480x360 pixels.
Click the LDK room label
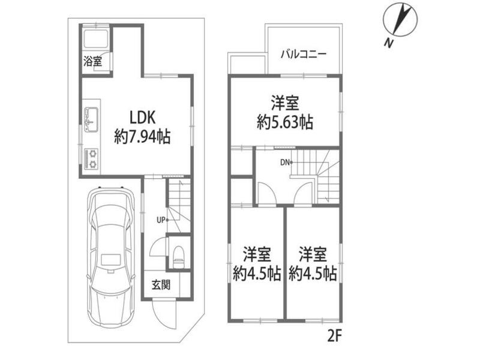coord(143,117)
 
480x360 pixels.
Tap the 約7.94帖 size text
coord(142,137)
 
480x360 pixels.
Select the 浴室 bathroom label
coord(93,62)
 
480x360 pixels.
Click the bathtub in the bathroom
coord(95,39)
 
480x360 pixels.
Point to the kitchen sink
coord(91,118)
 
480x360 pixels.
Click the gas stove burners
coord(91,158)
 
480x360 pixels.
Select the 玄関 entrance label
coord(161,286)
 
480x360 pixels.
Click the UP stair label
coord(161,220)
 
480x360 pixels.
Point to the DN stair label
coord(285,163)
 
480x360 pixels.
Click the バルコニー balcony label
coord(304,55)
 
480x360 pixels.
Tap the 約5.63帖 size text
coord(284,122)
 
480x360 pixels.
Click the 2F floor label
coord(334,337)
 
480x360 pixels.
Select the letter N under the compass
coord(388,43)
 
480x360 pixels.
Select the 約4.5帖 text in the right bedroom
coord(313,273)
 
